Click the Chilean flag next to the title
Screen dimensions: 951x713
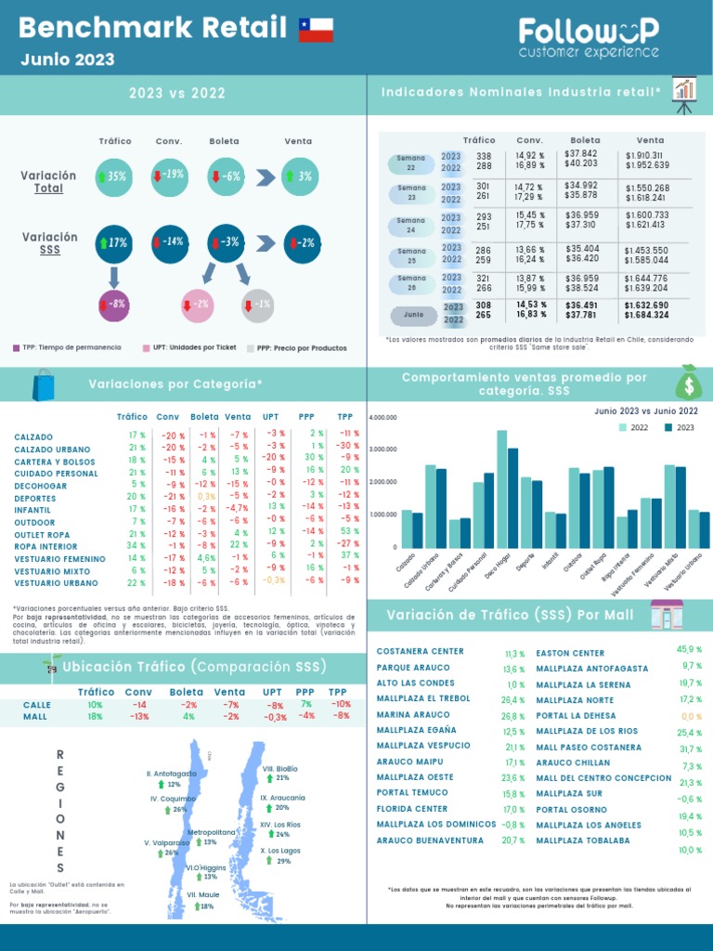316,30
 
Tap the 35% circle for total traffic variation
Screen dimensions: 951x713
113,176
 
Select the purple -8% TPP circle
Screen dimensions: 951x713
113,305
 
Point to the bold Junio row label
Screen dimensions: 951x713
413,314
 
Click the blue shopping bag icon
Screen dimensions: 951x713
44,384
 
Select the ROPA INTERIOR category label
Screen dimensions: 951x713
47,547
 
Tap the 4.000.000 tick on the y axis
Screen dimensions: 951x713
382,418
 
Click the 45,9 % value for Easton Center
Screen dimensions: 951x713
689,650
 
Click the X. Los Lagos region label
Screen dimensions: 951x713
279,850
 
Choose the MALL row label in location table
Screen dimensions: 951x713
35,717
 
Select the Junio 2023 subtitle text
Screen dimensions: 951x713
68,60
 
